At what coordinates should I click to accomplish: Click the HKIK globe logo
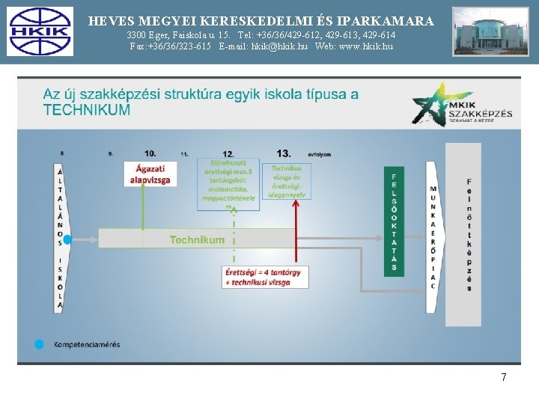click(x=40, y=31)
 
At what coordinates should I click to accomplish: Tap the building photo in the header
click(x=490, y=31)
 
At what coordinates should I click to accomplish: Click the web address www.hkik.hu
click(x=365, y=46)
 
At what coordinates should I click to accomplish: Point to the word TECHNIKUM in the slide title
click(x=87, y=110)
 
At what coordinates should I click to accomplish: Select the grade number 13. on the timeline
click(x=284, y=153)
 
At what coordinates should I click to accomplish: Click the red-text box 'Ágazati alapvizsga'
click(x=150, y=175)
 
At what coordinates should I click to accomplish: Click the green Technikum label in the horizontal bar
click(x=197, y=239)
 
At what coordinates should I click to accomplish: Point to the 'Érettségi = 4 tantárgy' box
click(x=263, y=276)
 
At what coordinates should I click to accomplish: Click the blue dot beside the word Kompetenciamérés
click(x=40, y=344)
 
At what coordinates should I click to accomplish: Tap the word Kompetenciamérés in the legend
click(x=86, y=344)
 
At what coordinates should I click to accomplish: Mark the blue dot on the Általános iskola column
click(x=67, y=239)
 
